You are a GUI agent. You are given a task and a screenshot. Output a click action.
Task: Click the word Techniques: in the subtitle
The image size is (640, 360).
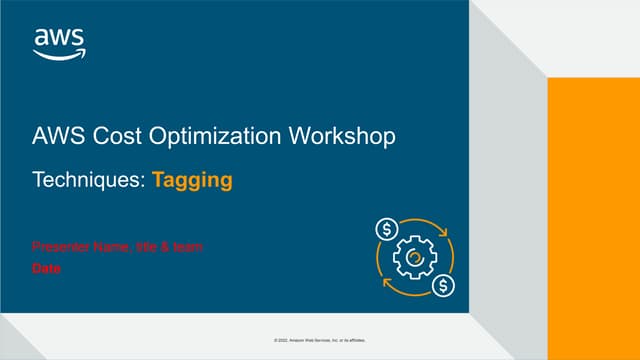89,181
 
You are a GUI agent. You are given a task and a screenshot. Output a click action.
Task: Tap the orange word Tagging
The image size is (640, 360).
192,181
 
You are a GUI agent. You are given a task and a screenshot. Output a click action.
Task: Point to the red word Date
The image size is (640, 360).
47,268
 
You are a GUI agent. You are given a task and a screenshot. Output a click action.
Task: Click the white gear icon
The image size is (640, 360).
415,258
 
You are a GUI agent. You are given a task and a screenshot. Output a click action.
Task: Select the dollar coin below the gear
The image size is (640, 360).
443,286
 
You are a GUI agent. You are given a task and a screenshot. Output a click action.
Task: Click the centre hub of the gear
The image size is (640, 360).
415,258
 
